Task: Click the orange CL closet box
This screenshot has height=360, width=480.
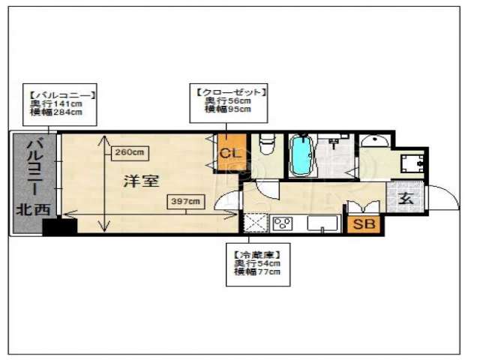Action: pyautogui.click(x=230, y=153)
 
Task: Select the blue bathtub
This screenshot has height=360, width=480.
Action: pyautogui.click(x=300, y=157)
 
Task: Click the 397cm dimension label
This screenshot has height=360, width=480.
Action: pyautogui.click(x=185, y=201)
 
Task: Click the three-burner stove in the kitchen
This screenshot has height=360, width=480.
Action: pyautogui.click(x=283, y=222)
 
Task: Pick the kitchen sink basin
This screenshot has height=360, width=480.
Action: pyautogui.click(x=321, y=223)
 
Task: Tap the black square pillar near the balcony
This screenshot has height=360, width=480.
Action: pyautogui.click(x=58, y=226)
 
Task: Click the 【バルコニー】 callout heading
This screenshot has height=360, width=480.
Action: pyautogui.click(x=61, y=95)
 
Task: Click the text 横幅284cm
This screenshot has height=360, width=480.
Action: pyautogui.click(x=55, y=112)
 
